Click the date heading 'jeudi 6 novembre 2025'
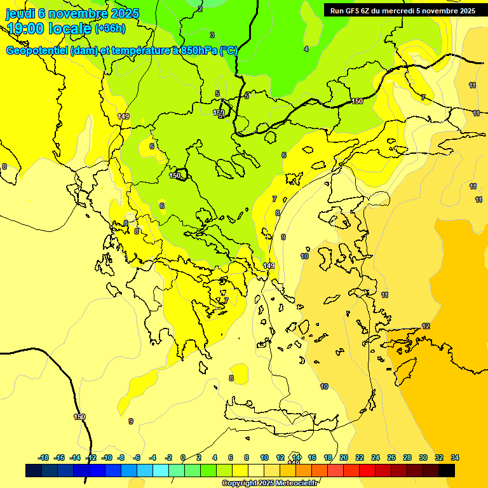click(x=72, y=13)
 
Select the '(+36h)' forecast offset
click(x=110, y=29)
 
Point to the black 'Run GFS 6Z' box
click(x=403, y=10)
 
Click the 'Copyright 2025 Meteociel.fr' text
click(x=269, y=484)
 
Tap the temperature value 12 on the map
click(x=426, y=326)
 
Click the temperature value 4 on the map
click(x=306, y=49)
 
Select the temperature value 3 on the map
click(x=212, y=35)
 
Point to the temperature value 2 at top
click(x=200, y=9)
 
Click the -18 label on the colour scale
click(x=43, y=457)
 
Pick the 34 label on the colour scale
click(x=455, y=457)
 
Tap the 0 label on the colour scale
click(x=183, y=457)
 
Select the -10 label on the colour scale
click(x=107, y=457)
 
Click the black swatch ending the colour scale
click(x=447, y=471)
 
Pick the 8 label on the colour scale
click(x=247, y=457)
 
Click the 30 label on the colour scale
click(x=423, y=457)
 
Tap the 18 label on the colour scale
click(x=328, y=457)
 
